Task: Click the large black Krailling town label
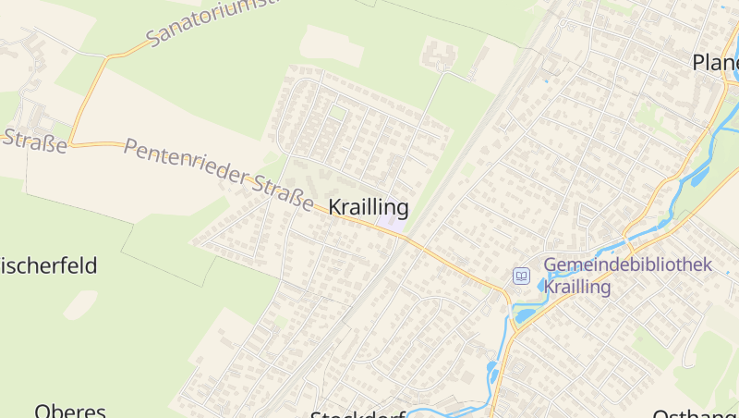coord(369,206)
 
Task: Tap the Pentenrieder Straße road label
coord(218,175)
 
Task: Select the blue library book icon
coord(521,276)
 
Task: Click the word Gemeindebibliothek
coord(628,264)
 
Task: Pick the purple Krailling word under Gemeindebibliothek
coord(577,288)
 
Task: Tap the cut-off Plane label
coord(715,62)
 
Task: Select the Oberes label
coord(70,410)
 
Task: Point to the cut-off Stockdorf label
coord(358,413)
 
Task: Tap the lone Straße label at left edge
coord(35,141)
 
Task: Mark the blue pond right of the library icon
coord(542,285)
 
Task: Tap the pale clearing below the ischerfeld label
coord(79,304)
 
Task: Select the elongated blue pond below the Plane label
coord(699,175)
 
